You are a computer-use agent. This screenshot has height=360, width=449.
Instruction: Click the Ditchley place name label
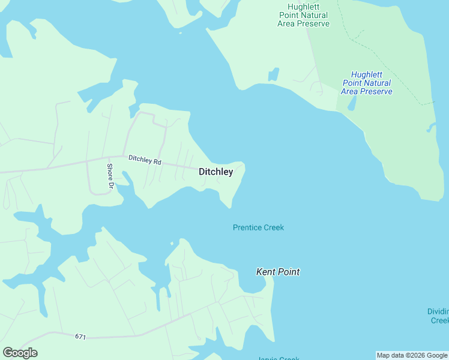[215, 172]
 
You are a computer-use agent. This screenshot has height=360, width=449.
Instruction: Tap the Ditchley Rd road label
[145, 160]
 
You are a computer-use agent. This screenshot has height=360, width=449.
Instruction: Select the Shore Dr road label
[110, 176]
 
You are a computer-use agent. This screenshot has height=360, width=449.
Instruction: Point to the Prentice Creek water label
[258, 227]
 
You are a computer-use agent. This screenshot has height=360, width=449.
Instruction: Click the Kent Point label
[278, 272]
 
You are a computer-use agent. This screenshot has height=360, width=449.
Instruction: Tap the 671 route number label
[80, 337]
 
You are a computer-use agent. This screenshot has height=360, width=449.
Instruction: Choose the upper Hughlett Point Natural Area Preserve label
[303, 15]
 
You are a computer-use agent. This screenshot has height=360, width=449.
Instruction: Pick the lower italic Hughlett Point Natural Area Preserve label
[367, 83]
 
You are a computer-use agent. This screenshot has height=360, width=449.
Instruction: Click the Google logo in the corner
[20, 353]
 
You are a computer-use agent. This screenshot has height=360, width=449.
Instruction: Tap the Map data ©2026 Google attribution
[412, 355]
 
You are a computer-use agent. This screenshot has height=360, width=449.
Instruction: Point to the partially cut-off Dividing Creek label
[438, 316]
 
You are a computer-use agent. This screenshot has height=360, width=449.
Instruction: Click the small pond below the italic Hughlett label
[351, 104]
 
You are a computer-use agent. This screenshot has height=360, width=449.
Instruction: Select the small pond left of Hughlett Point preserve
[274, 74]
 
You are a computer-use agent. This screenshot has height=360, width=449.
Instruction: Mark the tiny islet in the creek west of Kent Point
[172, 244]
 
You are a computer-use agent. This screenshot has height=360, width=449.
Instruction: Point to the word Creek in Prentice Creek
[273, 227]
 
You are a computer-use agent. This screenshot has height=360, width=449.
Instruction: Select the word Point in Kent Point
[289, 272]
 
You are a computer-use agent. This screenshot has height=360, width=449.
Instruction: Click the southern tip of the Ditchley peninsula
[229, 206]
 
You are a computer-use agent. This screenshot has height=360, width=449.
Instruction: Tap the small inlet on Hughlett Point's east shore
[430, 127]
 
